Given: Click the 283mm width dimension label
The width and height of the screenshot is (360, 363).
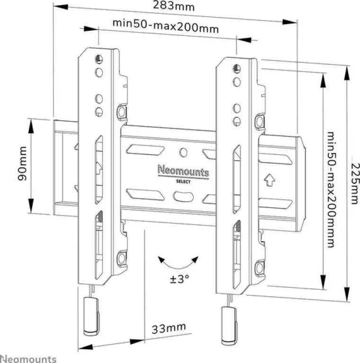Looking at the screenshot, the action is click(173, 6).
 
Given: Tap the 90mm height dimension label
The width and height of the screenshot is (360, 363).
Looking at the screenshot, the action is click(23, 163).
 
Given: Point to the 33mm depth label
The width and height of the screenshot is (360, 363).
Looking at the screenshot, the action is click(169, 328).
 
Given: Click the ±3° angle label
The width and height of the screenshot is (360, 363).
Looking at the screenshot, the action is click(179, 279).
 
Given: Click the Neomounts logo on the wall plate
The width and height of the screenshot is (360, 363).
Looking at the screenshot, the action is click(183, 171).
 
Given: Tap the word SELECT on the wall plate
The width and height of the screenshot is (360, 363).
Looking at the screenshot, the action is click(183, 181).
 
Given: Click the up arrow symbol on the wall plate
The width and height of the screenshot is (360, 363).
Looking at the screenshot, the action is click(270, 180).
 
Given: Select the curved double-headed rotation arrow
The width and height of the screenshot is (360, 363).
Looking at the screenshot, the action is click(178, 263).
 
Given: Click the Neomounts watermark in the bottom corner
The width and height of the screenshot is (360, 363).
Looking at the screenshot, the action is click(28, 359).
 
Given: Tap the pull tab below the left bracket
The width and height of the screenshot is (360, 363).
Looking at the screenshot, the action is click(91, 316).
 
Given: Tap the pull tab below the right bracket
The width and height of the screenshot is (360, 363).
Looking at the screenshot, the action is click(229, 326).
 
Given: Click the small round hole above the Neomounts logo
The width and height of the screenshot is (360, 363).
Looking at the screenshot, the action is click(183, 152).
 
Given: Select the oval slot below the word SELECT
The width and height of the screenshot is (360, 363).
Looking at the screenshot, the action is click(183, 197).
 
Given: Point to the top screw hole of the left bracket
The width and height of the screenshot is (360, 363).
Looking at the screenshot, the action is click(99, 59).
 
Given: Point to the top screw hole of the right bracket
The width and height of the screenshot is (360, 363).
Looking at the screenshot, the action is click(237, 69).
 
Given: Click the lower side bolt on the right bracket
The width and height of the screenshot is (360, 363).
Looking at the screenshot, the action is click(260, 268).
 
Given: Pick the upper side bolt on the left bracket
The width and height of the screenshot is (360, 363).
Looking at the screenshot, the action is click(122, 112).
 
